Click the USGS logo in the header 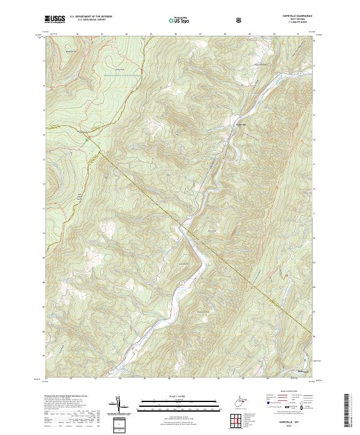point(56,19)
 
